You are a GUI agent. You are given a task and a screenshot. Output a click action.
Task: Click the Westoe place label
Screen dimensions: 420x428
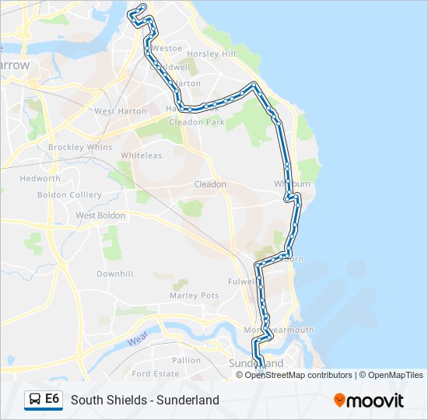167,47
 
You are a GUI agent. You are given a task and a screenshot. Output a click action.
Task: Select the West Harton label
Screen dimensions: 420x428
120,111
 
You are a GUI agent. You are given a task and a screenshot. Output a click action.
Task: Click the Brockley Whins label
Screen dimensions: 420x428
80,147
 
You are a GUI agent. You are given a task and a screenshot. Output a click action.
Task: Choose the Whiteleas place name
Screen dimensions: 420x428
141,156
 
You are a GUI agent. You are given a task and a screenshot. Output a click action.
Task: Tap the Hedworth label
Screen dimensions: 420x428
40,178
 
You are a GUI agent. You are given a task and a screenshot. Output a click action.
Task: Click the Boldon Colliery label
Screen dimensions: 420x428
69,194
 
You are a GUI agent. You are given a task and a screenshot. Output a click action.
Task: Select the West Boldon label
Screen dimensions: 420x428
100,215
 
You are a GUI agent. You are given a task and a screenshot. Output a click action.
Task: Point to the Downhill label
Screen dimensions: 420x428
114,274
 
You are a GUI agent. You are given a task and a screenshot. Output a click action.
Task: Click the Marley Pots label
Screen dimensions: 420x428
194,296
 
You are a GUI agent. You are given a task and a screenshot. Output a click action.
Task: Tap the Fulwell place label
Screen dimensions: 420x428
243,281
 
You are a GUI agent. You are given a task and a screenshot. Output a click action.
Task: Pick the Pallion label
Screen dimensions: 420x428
187,360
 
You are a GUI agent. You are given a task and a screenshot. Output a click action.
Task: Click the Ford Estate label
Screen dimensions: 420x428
156,373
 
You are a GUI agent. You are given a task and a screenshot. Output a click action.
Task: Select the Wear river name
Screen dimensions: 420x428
138,340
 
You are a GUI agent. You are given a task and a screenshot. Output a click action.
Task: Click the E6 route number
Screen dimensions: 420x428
53,399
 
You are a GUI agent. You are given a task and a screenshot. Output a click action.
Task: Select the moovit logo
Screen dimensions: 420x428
369,400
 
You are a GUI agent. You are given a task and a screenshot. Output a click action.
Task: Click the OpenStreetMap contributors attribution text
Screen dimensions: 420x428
298,375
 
